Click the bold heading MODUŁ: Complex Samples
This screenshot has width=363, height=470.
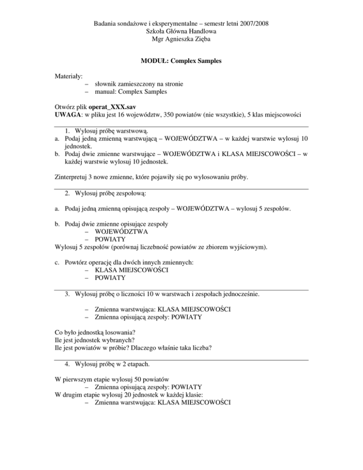click(181, 61)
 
